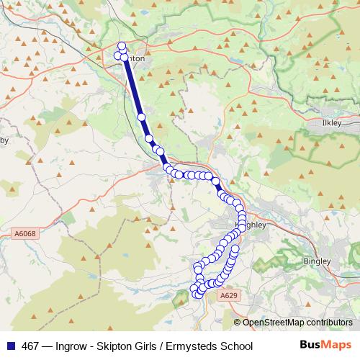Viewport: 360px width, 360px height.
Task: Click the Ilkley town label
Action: point(332,123)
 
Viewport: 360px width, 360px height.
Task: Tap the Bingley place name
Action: point(317,261)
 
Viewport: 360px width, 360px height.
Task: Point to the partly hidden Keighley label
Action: point(256,225)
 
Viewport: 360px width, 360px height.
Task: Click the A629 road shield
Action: point(229,295)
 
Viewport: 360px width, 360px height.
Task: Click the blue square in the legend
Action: point(13,346)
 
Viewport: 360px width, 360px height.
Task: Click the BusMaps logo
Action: point(325,346)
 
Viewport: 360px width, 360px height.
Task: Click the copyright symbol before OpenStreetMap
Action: point(238,323)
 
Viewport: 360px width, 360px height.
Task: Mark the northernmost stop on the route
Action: point(122,46)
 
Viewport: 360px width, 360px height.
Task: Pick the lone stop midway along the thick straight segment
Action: point(141,116)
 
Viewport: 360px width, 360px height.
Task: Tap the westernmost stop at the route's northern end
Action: point(118,55)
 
